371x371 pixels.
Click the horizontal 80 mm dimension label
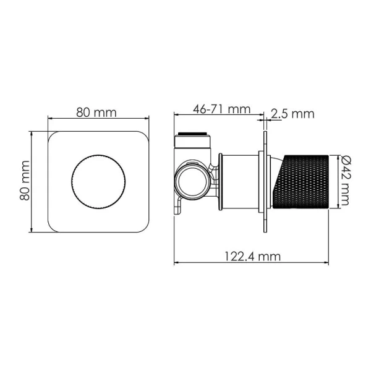tap(96, 112)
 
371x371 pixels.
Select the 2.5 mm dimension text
tap(294, 113)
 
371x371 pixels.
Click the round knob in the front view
tap(100, 181)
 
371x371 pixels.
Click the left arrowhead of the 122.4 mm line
tap(177, 262)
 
